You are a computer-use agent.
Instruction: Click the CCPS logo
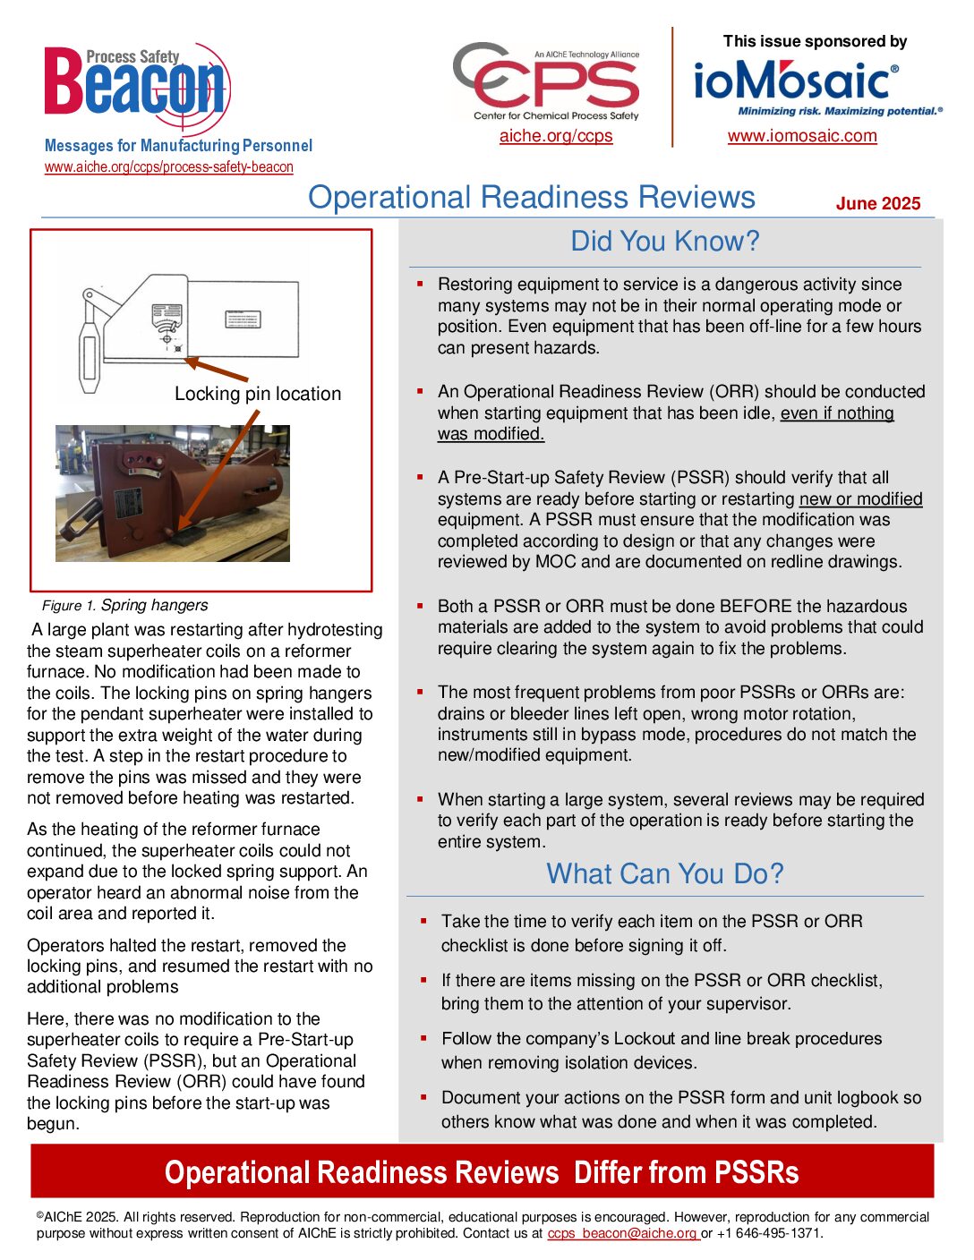tap(548, 81)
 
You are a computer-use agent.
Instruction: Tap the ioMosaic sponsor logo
tap(796, 82)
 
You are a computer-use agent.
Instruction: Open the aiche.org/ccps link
tap(556, 136)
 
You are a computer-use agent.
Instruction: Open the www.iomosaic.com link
tap(802, 136)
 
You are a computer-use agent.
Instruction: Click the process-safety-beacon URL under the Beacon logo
tap(169, 166)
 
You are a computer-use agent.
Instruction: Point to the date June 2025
tap(877, 203)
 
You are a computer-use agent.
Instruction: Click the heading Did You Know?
tap(664, 242)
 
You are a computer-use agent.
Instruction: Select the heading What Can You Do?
tap(664, 873)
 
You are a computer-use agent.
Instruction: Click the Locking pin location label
tap(258, 394)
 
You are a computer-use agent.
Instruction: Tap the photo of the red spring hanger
tap(172, 493)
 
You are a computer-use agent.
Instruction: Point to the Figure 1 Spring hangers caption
tap(125, 606)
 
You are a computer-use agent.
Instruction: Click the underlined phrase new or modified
tap(860, 499)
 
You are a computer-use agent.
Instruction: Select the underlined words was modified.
tap(491, 434)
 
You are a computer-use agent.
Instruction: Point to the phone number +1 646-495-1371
tap(768, 1233)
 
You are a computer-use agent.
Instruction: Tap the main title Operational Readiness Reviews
tap(532, 198)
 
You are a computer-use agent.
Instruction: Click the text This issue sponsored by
tap(815, 41)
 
